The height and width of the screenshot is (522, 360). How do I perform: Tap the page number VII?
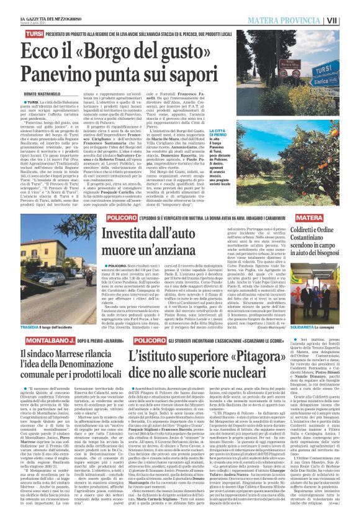(350, 20)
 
